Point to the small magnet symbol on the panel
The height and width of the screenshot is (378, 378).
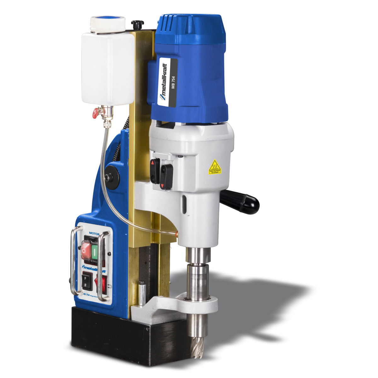tap(109, 287)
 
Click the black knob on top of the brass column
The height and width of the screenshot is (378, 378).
tap(138, 24)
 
